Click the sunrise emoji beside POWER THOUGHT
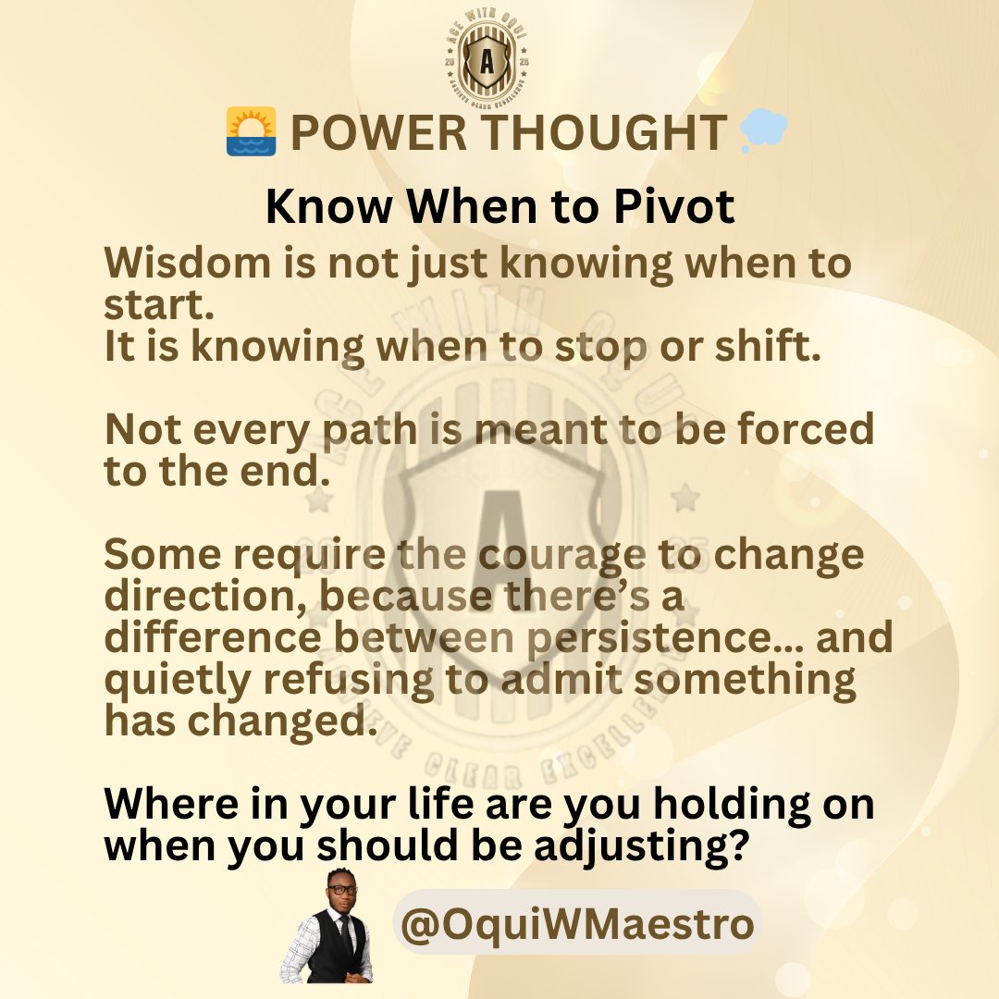pyautogui.click(x=251, y=131)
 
